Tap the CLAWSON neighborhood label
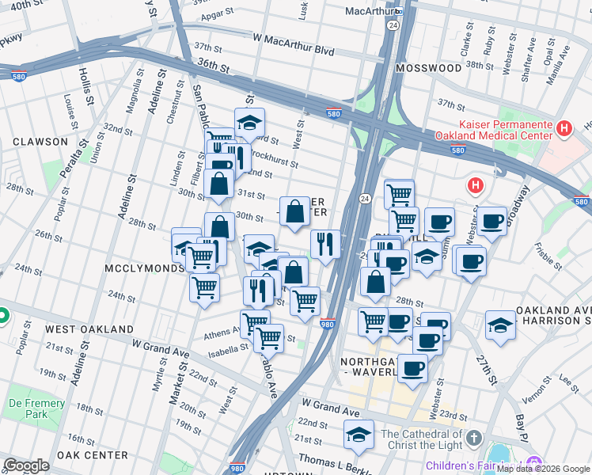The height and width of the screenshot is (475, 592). point(40,142)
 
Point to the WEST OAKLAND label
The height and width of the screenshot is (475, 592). point(89,329)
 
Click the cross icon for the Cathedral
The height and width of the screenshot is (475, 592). point(473,438)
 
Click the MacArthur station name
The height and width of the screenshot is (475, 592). point(370,11)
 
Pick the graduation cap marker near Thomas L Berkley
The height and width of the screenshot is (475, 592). point(359,435)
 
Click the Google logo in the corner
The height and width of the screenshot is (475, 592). point(26,465)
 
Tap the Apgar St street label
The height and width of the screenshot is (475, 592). point(218,13)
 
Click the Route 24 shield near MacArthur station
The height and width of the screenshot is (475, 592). point(392,25)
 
